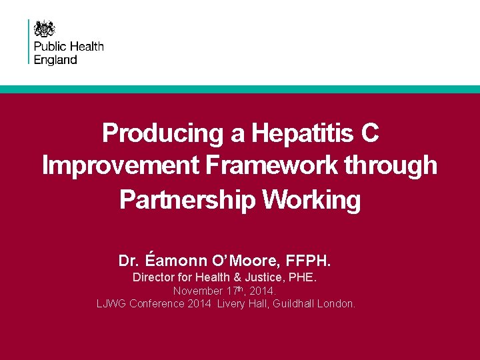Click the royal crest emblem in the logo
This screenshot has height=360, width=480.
click(x=45, y=29)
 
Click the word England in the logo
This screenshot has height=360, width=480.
click(x=55, y=59)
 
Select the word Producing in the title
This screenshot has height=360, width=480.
click(x=163, y=133)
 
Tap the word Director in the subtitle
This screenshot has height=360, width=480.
click(x=153, y=277)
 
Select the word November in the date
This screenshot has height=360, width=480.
click(x=198, y=291)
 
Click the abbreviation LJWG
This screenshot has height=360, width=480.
click(x=111, y=304)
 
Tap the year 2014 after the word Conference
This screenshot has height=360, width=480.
click(x=197, y=304)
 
